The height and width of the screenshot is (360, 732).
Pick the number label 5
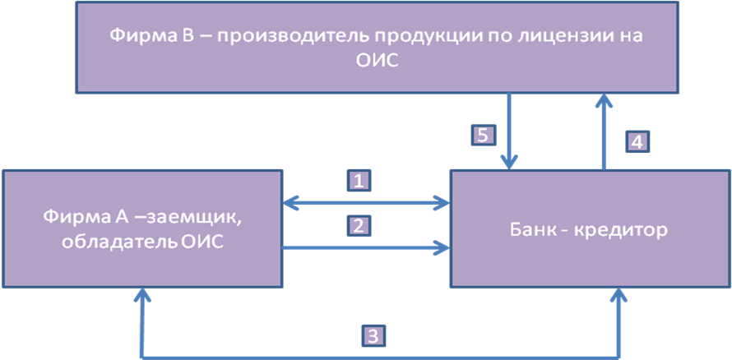tap(484, 135)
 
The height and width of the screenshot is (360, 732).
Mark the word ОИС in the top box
tap(378, 62)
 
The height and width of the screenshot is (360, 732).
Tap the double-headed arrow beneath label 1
tap(366, 201)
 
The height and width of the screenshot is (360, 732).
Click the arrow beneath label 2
tap(366, 244)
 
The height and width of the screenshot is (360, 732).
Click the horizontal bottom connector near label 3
tap(288, 355)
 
